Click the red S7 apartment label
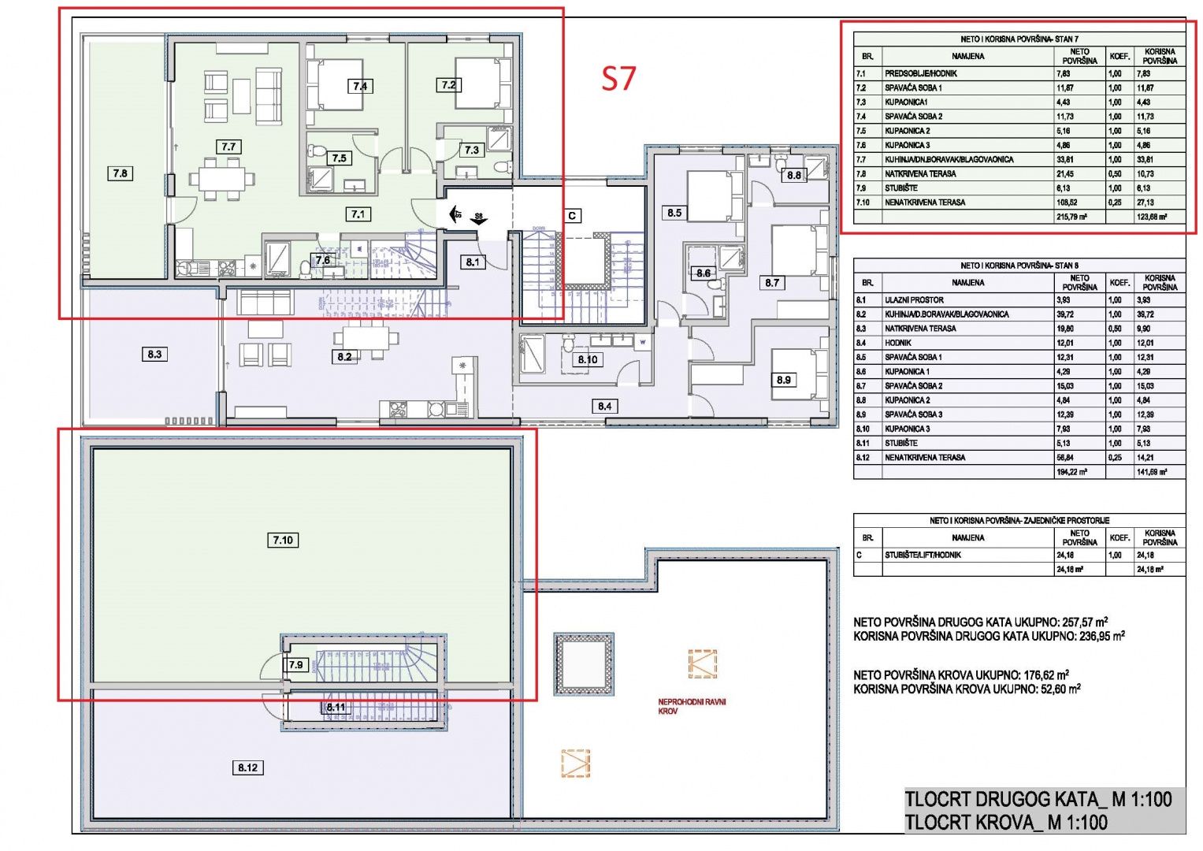[x=618, y=78]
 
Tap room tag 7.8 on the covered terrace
[x=120, y=173]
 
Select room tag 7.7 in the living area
[x=228, y=147]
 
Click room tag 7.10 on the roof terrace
[x=283, y=540]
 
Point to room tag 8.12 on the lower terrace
[x=247, y=767]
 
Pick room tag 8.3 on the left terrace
[x=154, y=355]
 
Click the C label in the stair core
[x=572, y=215]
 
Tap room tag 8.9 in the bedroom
[x=783, y=380]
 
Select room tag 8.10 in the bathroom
[x=588, y=359]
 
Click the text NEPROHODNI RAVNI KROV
[x=692, y=706]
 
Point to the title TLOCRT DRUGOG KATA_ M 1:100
[x=1038, y=799]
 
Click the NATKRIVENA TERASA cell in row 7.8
[x=920, y=174]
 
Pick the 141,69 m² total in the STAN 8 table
[x=1151, y=472]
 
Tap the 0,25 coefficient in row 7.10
[x=1115, y=203]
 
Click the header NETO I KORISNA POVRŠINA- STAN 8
[x=1019, y=266]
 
